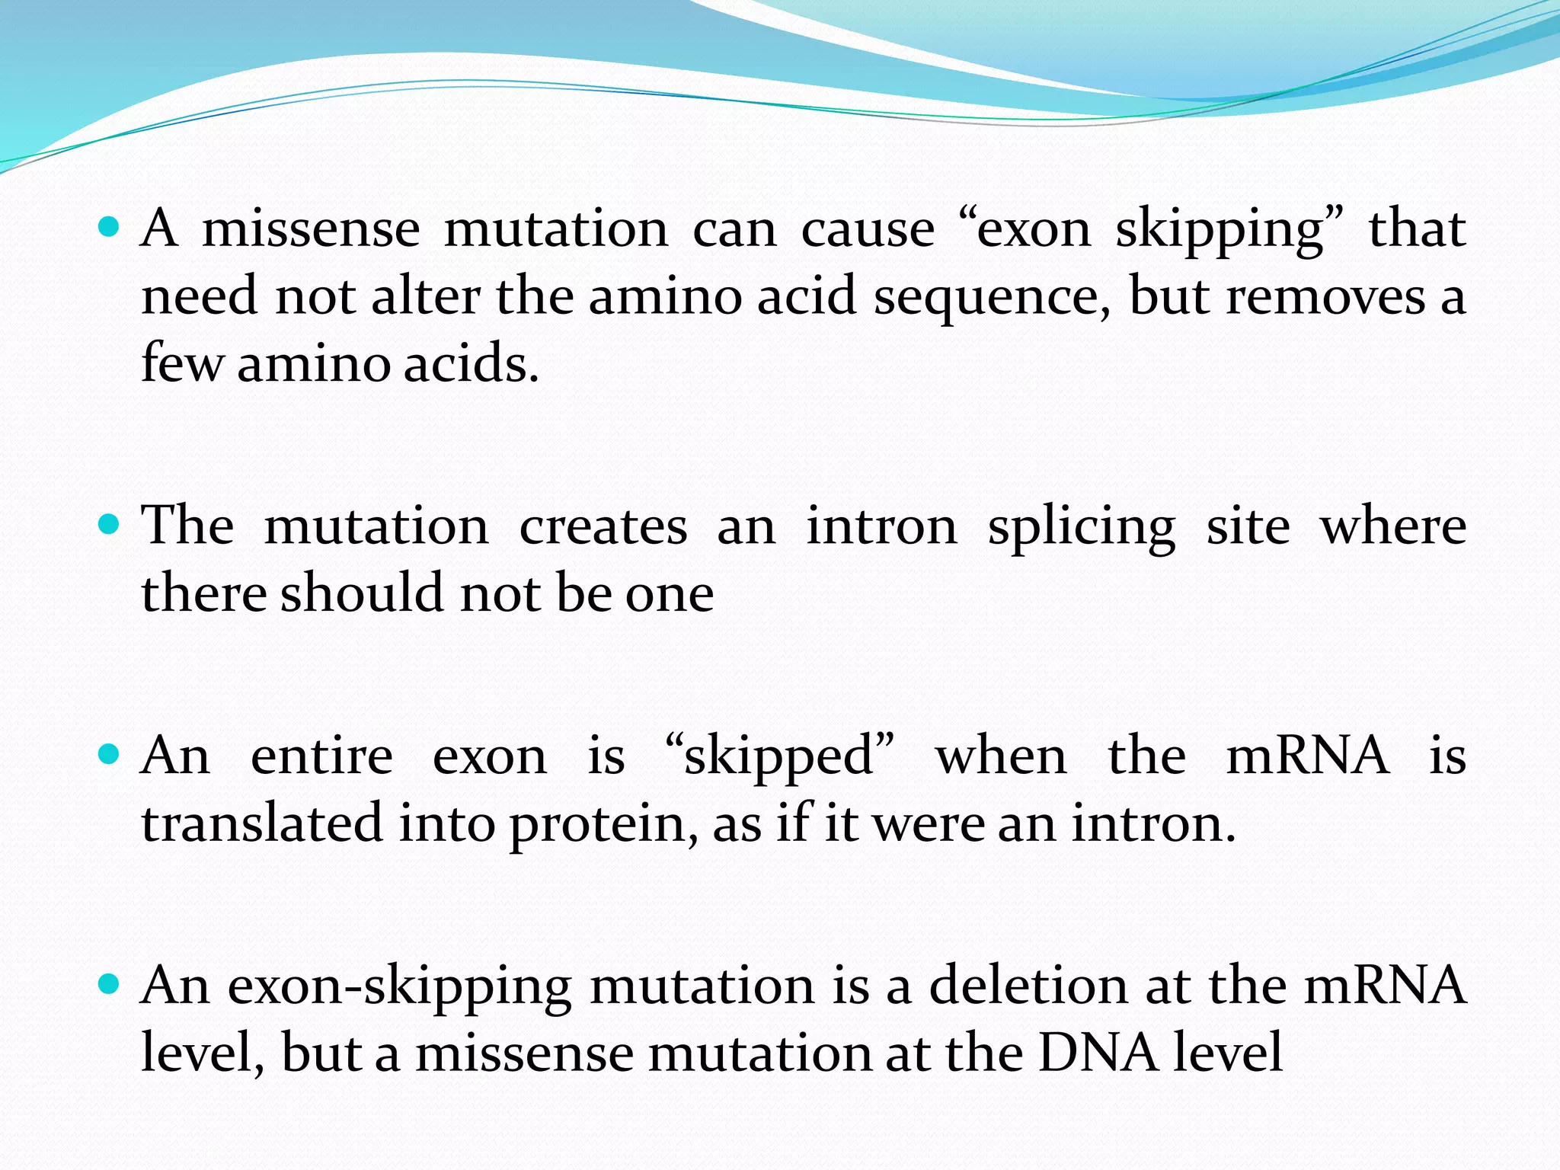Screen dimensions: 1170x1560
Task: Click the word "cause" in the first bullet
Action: click(868, 229)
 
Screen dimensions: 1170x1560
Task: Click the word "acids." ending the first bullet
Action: click(471, 363)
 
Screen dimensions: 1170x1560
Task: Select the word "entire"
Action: click(321, 757)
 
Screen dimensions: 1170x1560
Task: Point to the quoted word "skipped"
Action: click(779, 757)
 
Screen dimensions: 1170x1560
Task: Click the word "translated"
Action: click(262, 824)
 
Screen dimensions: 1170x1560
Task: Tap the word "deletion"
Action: click(1028, 986)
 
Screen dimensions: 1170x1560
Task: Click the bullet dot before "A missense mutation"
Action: click(110, 227)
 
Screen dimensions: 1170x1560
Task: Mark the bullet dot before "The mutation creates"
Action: click(110, 525)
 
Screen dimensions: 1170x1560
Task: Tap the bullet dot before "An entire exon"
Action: click(110, 755)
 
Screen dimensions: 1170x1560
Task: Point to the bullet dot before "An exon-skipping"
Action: click(110, 985)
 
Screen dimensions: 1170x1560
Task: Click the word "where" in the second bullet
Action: click(1393, 527)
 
